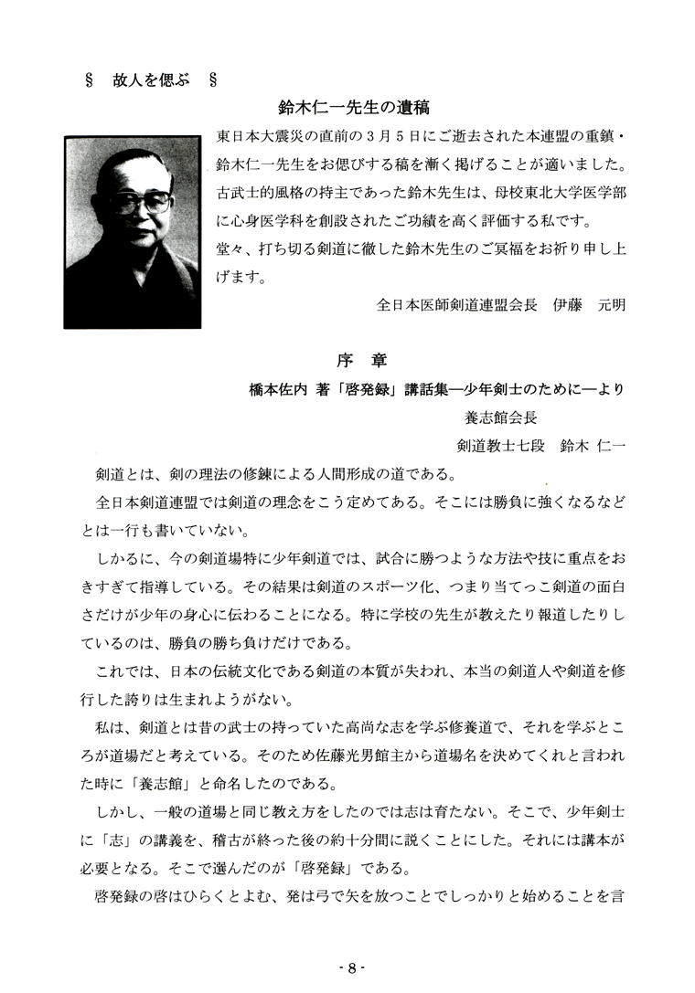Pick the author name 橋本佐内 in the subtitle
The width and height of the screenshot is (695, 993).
pos(279,389)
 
